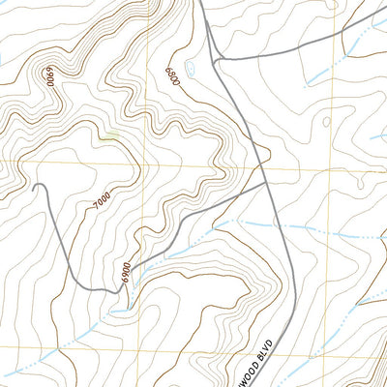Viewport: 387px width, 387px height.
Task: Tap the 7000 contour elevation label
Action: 103,201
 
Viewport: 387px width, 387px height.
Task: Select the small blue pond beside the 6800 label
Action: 191,69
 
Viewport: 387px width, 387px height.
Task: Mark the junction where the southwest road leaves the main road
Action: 265,181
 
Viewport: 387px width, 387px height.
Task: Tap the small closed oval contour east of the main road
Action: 326,122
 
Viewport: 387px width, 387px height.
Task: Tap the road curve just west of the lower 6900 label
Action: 97,289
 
